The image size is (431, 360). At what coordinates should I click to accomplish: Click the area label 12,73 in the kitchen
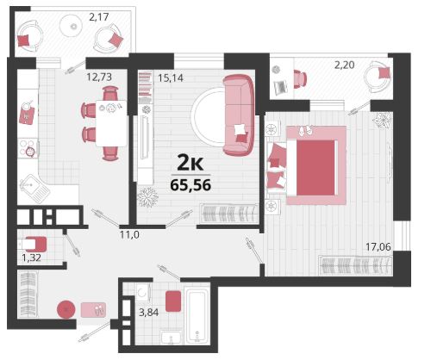pyautogui.click(x=99, y=77)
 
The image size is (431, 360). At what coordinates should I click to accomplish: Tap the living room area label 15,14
pyautogui.click(x=171, y=78)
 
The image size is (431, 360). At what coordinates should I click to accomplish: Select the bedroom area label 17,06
pyautogui.click(x=378, y=246)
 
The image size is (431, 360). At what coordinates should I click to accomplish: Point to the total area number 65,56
pyautogui.click(x=191, y=185)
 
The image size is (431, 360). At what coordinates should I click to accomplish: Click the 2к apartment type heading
pyautogui.click(x=191, y=164)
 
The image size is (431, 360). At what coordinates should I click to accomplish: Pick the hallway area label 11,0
pyautogui.click(x=129, y=235)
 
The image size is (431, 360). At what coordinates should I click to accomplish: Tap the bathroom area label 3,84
pyautogui.click(x=149, y=313)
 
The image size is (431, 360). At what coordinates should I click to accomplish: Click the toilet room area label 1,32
pyautogui.click(x=32, y=258)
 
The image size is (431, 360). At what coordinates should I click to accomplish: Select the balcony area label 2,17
pyautogui.click(x=99, y=17)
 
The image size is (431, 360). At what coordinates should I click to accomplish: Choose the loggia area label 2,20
pyautogui.click(x=344, y=65)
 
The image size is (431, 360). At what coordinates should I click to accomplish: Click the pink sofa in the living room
pyautogui.click(x=239, y=115)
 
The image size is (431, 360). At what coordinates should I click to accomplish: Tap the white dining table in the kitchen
pyautogui.click(x=111, y=123)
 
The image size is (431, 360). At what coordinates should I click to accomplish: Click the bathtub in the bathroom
pyautogui.click(x=197, y=316)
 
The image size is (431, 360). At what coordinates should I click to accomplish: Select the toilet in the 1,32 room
pyautogui.click(x=33, y=244)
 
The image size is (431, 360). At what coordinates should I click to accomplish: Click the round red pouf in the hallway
pyautogui.click(x=66, y=309)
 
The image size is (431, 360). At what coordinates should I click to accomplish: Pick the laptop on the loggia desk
pyautogui.click(x=281, y=87)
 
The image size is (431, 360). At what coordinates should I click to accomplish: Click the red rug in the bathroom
pyautogui.click(x=173, y=301)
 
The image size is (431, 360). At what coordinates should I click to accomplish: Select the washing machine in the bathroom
pyautogui.click(x=143, y=292)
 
